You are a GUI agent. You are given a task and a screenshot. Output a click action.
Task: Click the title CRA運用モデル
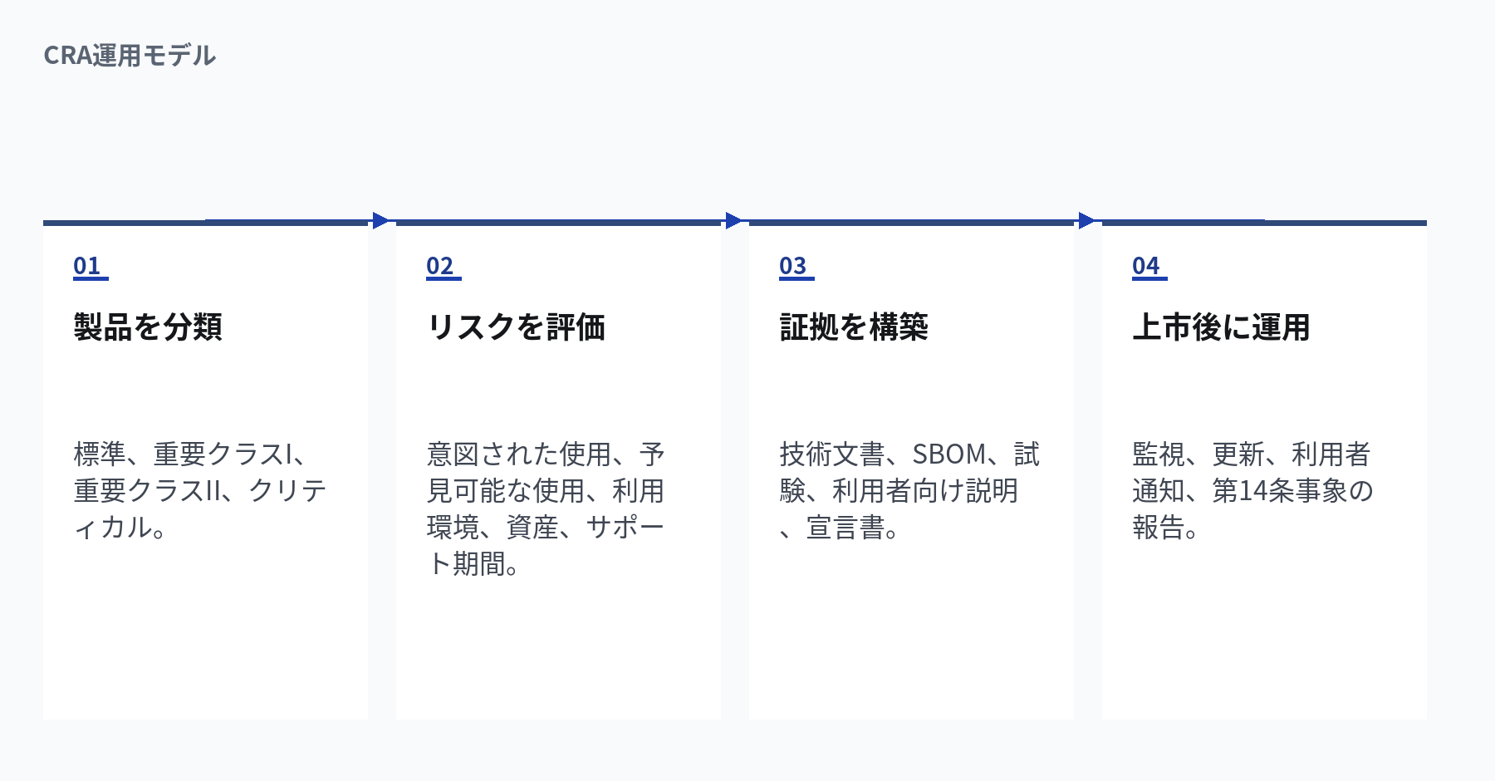130,56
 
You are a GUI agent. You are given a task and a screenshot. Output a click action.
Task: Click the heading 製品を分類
148,327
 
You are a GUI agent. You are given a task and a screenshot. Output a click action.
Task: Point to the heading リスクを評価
516,327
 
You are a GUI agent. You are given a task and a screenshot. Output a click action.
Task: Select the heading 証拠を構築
854,327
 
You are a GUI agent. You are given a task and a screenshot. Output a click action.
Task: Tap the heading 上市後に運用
1221,327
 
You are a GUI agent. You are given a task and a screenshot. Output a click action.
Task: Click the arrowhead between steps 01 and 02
381,220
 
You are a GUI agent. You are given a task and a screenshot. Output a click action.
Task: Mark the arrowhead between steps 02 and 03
734,220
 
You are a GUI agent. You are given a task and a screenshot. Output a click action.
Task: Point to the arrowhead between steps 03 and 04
1087,220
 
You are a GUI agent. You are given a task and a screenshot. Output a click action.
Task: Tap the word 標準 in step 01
100,454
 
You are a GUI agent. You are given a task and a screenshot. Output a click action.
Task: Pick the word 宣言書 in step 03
846,528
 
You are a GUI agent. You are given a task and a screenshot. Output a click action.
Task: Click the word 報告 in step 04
1159,528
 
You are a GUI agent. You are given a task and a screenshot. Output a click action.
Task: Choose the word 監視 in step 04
1159,454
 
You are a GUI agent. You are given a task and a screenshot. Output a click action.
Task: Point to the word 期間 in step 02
479,564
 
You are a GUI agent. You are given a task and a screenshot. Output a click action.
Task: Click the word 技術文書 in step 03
832,454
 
